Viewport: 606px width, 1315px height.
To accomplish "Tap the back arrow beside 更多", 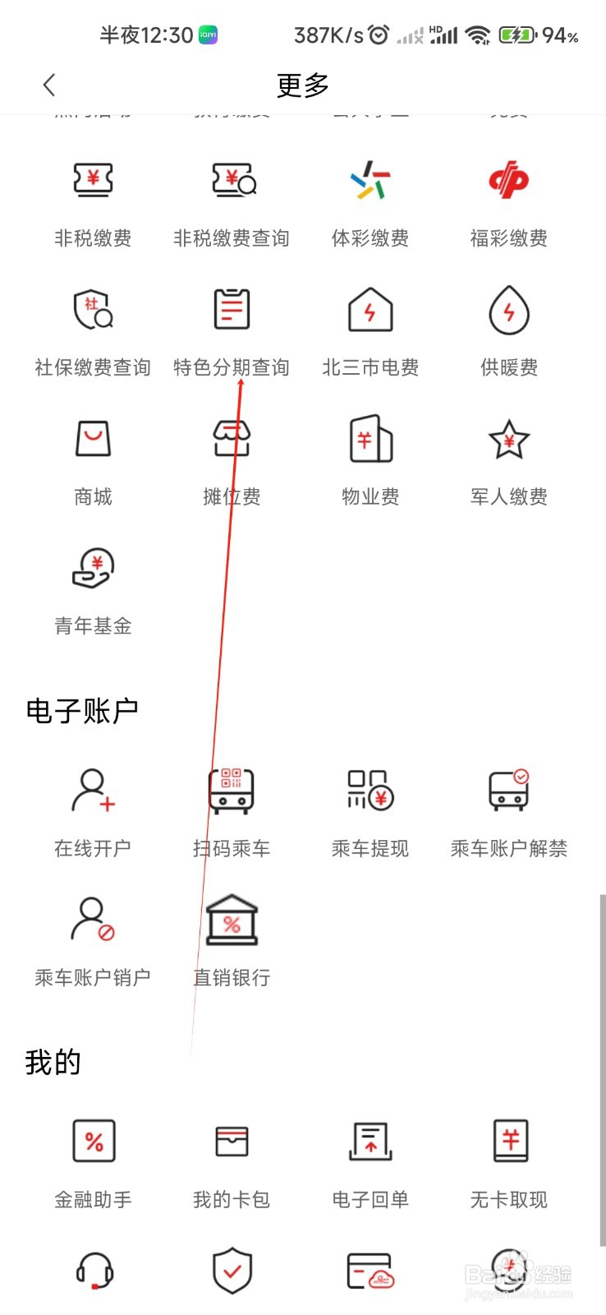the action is point(49,85).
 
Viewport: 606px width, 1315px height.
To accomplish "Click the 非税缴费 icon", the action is point(93,180).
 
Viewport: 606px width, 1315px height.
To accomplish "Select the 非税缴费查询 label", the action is point(231,238).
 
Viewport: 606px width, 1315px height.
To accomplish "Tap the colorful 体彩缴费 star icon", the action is point(370,180).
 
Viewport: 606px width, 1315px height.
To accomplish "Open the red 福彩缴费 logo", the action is point(508,180).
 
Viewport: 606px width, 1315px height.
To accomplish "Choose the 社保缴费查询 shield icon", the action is point(93,310).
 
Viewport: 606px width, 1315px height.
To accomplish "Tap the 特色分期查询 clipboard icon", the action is point(232,310).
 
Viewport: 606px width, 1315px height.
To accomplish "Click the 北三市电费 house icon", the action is point(370,310).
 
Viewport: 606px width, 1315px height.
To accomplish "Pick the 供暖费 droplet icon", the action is point(508,310).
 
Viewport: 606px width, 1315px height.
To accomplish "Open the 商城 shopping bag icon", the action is point(93,439).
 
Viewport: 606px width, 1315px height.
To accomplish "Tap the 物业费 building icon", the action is point(370,439).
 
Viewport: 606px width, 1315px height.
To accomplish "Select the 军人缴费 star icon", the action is point(508,439).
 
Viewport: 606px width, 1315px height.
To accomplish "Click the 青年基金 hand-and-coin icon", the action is point(93,568).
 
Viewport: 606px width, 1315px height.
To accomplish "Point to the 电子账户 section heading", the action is point(82,711).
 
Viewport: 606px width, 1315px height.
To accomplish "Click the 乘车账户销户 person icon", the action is point(93,920).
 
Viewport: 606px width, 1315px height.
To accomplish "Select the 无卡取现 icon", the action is point(510,1141).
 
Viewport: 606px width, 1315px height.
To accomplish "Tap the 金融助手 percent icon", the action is point(93,1141).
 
